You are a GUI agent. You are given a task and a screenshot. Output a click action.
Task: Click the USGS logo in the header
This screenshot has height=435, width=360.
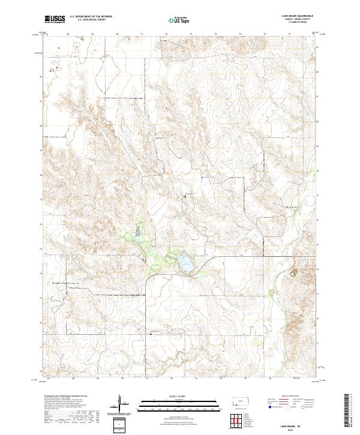[x=55, y=19]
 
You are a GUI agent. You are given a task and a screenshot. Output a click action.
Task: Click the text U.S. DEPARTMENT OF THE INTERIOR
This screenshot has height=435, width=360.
[x=91, y=17]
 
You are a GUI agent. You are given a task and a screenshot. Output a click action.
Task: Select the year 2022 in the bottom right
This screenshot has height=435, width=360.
[x=295, y=429]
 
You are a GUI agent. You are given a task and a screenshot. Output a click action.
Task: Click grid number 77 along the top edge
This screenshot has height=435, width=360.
[x=290, y=35]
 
